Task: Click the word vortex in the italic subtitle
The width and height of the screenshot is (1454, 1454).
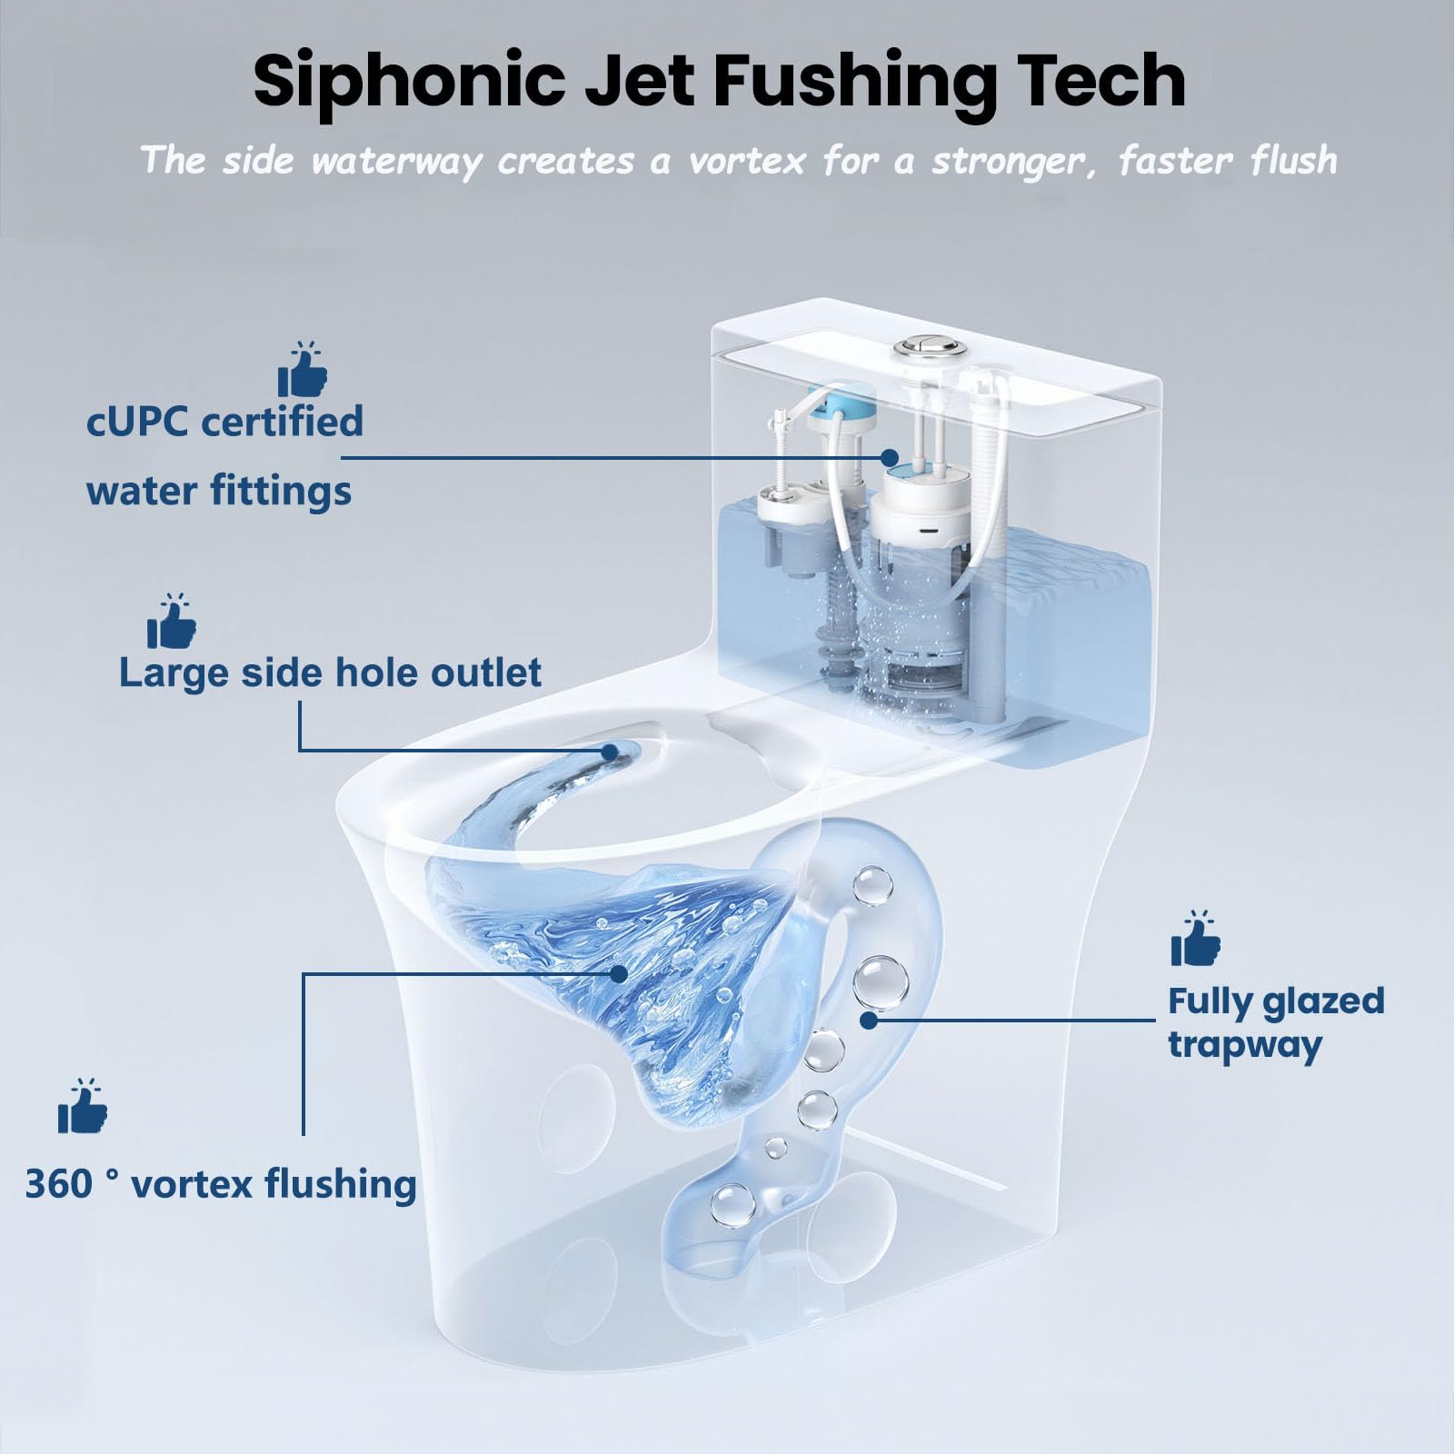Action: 747,162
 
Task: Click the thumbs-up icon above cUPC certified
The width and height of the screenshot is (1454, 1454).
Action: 303,370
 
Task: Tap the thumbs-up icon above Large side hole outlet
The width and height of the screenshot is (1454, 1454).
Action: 172,621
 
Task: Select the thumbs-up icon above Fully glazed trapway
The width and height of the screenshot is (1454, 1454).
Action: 1195,938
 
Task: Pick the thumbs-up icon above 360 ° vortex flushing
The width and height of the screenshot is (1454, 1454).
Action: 83,1106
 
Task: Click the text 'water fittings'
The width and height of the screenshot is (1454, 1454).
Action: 219,491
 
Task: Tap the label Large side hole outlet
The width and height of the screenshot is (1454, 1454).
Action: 330,672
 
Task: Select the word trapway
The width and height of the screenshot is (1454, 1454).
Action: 1244,1045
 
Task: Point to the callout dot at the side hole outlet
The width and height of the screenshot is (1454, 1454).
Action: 610,752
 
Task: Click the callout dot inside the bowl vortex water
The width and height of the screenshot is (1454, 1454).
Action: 619,974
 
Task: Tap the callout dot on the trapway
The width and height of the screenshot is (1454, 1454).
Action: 869,1020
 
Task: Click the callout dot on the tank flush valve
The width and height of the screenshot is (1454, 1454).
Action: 890,457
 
